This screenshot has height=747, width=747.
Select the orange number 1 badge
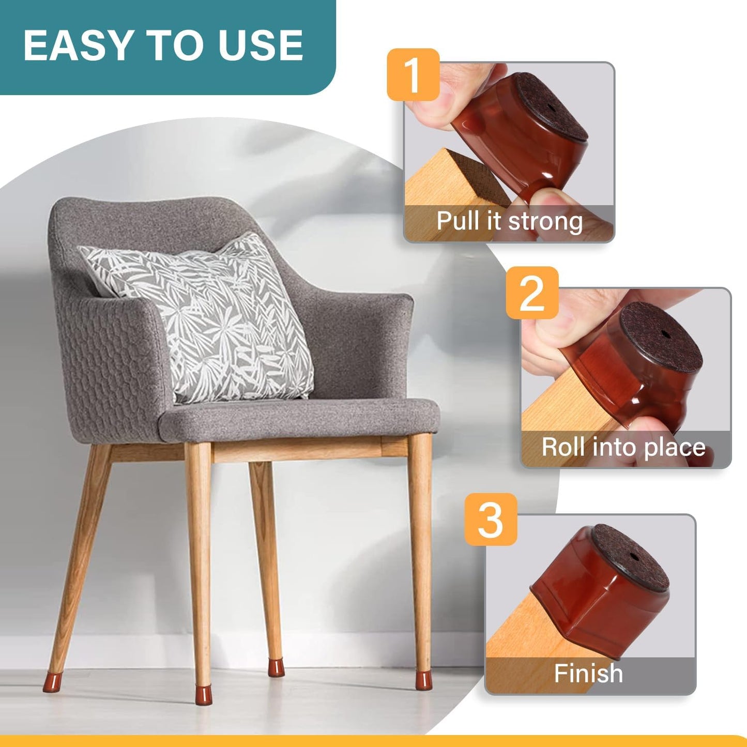413,75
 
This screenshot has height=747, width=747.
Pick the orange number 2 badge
532,293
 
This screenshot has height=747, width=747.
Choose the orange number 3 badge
490,519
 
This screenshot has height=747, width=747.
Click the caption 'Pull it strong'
509,221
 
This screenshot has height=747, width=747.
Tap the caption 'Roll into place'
623,447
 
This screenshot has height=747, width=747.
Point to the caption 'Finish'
588,674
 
